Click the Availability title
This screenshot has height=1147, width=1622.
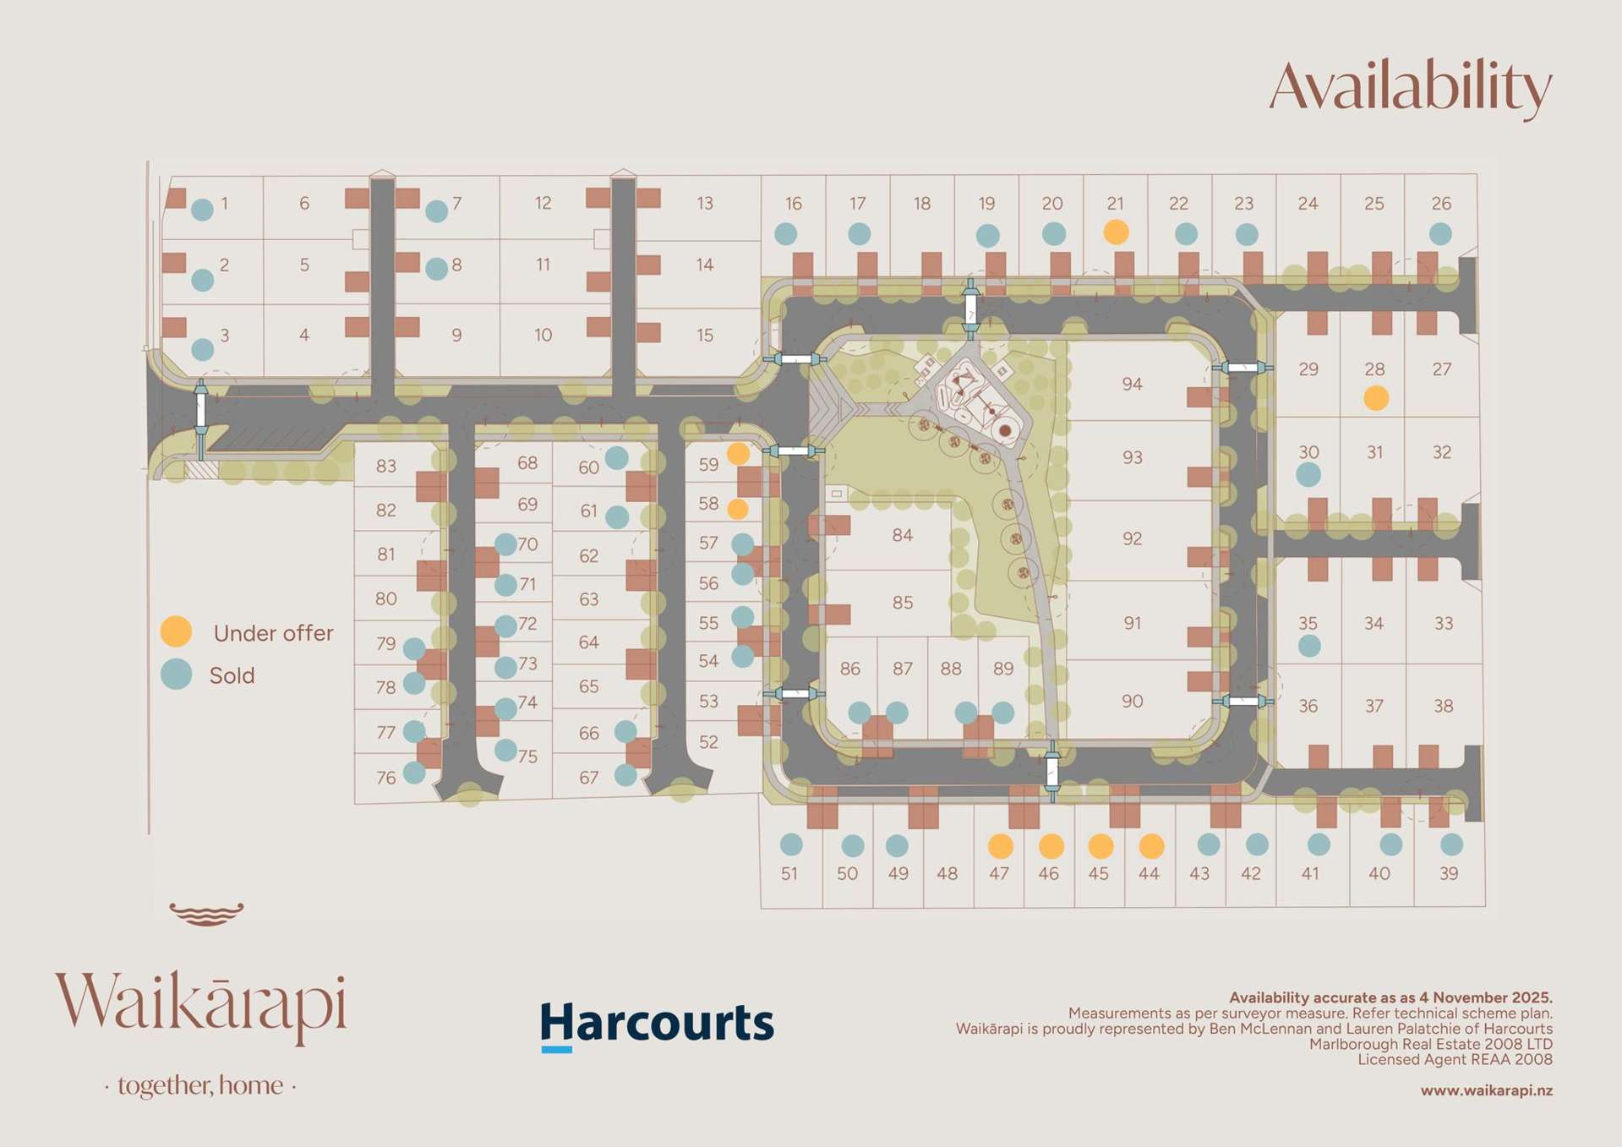tap(1410, 87)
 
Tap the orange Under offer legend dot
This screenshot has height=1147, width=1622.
tap(176, 631)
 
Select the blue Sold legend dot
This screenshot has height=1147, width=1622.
tap(176, 675)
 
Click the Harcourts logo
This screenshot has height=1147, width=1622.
tap(657, 1024)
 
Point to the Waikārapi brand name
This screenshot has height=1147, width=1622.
tap(201, 1006)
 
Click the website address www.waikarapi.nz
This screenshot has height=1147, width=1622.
tap(1486, 1090)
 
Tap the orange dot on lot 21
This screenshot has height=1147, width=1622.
tap(1116, 232)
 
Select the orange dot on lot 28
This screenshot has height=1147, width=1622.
tap(1375, 397)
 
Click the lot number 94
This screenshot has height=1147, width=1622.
tap(1132, 384)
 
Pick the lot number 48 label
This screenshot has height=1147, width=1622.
tap(947, 873)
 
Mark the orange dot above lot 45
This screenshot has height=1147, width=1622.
tap(1100, 845)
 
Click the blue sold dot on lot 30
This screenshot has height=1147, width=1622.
tap(1308, 474)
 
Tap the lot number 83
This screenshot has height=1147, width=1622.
tap(385, 466)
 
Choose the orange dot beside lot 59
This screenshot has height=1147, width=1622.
tap(738, 454)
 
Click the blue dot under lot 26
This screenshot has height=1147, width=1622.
tap(1440, 233)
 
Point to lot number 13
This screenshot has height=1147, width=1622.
tap(704, 203)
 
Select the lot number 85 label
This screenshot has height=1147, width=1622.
tap(902, 603)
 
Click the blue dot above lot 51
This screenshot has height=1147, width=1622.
tap(790, 844)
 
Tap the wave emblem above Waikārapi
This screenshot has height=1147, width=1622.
tap(206, 914)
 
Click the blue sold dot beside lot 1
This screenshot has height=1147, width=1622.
tap(202, 210)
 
